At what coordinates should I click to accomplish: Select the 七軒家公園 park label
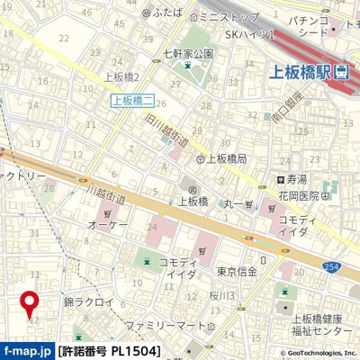187,53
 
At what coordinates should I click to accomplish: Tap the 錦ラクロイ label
88,303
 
